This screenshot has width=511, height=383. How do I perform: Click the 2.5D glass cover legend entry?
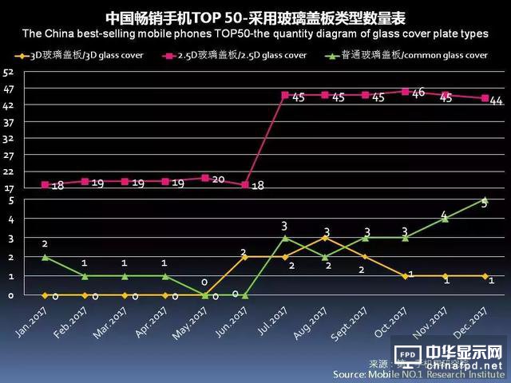[236, 55]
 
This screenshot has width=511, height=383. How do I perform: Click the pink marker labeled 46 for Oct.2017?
[406, 92]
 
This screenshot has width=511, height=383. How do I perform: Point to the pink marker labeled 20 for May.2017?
[205, 178]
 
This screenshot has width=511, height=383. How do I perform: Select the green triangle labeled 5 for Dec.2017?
[485, 199]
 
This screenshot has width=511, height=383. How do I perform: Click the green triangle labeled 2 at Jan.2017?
[45, 257]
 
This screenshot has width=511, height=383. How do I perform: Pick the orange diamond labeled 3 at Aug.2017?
[325, 238]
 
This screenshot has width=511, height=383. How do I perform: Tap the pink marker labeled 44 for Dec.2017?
[485, 98]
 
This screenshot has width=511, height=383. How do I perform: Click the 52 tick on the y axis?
[9, 72]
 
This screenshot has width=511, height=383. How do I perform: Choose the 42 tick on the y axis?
[9, 105]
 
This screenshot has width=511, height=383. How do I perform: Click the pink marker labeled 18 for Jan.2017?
[45, 184]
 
